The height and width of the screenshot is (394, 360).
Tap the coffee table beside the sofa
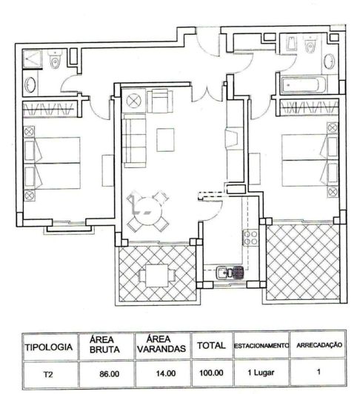point(164,138)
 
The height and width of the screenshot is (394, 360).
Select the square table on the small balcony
point(156,275)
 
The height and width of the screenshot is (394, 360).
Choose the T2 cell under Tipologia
point(48,374)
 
